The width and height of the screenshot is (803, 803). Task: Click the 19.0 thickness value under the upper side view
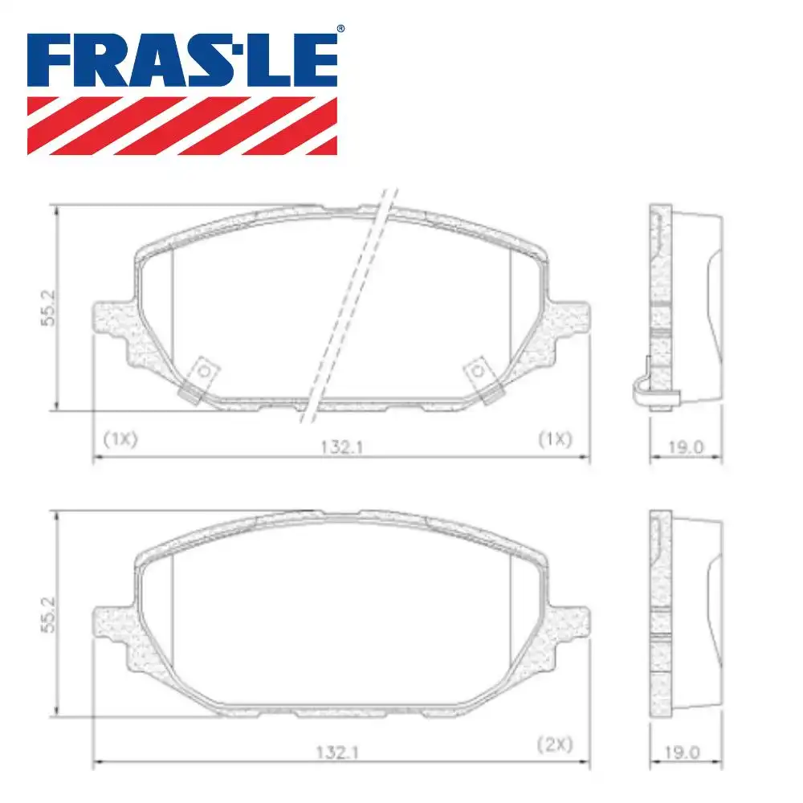[x=685, y=447]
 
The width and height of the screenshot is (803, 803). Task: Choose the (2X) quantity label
[x=555, y=744]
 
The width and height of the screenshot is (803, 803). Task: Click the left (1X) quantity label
[x=121, y=438]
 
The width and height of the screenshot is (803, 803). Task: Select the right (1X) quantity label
[x=555, y=438]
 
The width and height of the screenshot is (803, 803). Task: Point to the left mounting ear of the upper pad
[x=112, y=320]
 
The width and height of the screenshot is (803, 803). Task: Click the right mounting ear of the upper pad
[x=571, y=320]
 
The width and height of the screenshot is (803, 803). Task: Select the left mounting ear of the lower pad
[x=112, y=622]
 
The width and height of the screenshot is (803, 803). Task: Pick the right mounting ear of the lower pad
[x=571, y=622]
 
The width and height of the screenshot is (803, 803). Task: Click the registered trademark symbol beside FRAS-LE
[x=340, y=29]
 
